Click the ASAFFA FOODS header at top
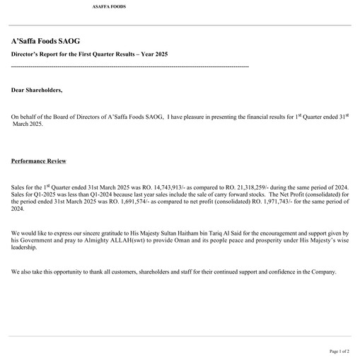[x=110, y=7]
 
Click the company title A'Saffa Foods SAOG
[x=45, y=42]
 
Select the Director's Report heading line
[x=89, y=54]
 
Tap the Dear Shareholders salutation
[x=37, y=90]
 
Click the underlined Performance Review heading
[x=39, y=161]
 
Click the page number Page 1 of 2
[x=339, y=351]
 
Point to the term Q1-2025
[x=38, y=193]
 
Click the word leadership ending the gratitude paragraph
[x=25, y=247]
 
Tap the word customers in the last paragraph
[x=124, y=272]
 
